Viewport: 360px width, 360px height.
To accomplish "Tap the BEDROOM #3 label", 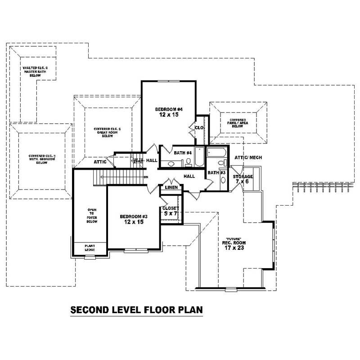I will click(134, 219).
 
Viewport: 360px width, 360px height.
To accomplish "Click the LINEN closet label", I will click(171, 187).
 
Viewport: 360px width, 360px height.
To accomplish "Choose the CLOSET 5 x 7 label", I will click(171, 211).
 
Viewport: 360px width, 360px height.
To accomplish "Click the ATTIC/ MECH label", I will click(248, 157).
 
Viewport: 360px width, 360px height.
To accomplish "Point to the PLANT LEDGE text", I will click(90, 248).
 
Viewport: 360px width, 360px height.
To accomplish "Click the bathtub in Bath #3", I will click(216, 152).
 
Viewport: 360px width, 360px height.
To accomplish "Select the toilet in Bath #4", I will click(189, 162).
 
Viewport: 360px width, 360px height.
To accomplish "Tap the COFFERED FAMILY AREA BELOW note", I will click(237, 123).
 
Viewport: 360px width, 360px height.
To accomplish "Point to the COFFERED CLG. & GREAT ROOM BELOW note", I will click(107, 132).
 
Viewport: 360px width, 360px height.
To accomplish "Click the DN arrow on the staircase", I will click(145, 177).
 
